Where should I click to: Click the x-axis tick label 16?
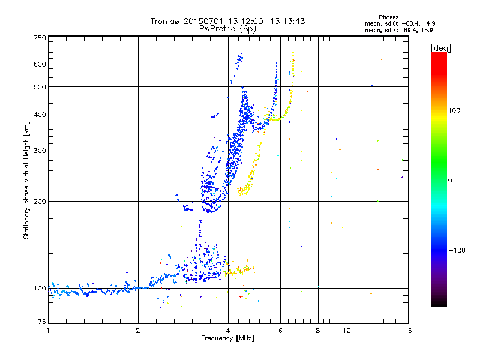coord(407,331)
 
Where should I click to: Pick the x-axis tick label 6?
coord(280,331)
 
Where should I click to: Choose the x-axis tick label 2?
coord(138,331)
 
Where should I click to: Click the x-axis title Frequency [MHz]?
coord(227,338)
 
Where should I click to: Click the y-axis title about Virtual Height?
coord(26,181)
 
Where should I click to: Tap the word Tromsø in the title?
coord(165,21)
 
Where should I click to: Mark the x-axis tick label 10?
coord(346,331)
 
